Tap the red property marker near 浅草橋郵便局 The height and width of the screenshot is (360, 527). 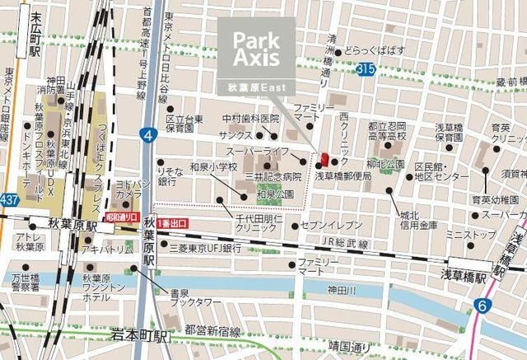[324, 160]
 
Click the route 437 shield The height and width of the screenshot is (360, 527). [9, 200]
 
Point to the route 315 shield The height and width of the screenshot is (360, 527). [366, 72]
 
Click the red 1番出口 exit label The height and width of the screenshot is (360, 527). [173, 222]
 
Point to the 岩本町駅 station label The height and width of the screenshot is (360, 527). [140, 335]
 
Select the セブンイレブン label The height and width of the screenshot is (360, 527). [332, 224]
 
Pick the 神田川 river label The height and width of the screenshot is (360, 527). [341, 290]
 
